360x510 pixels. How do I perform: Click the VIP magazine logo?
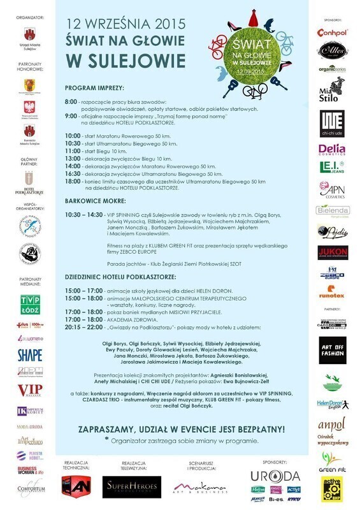click(x=29, y=390)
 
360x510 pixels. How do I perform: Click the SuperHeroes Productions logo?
click(x=132, y=487)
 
